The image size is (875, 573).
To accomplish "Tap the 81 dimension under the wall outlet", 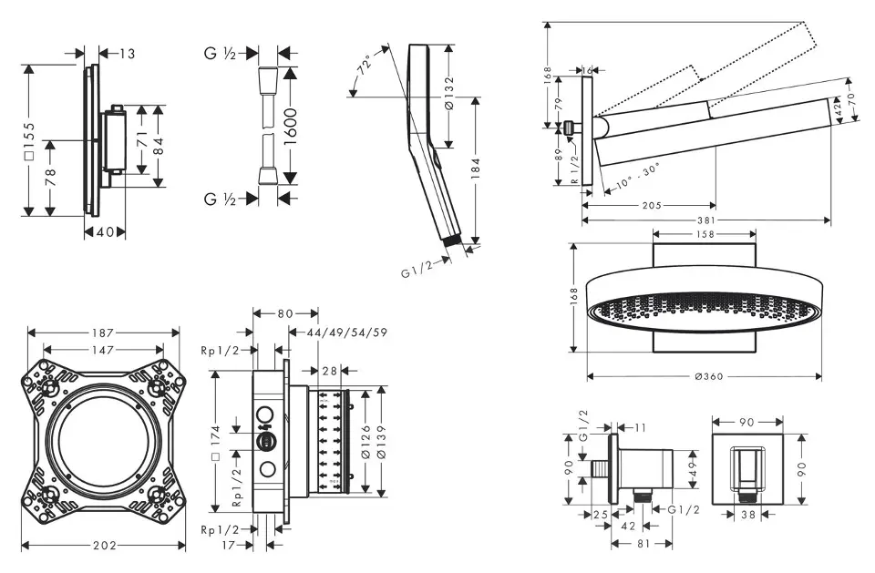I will (642, 545).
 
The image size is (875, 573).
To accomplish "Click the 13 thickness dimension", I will (126, 55).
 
